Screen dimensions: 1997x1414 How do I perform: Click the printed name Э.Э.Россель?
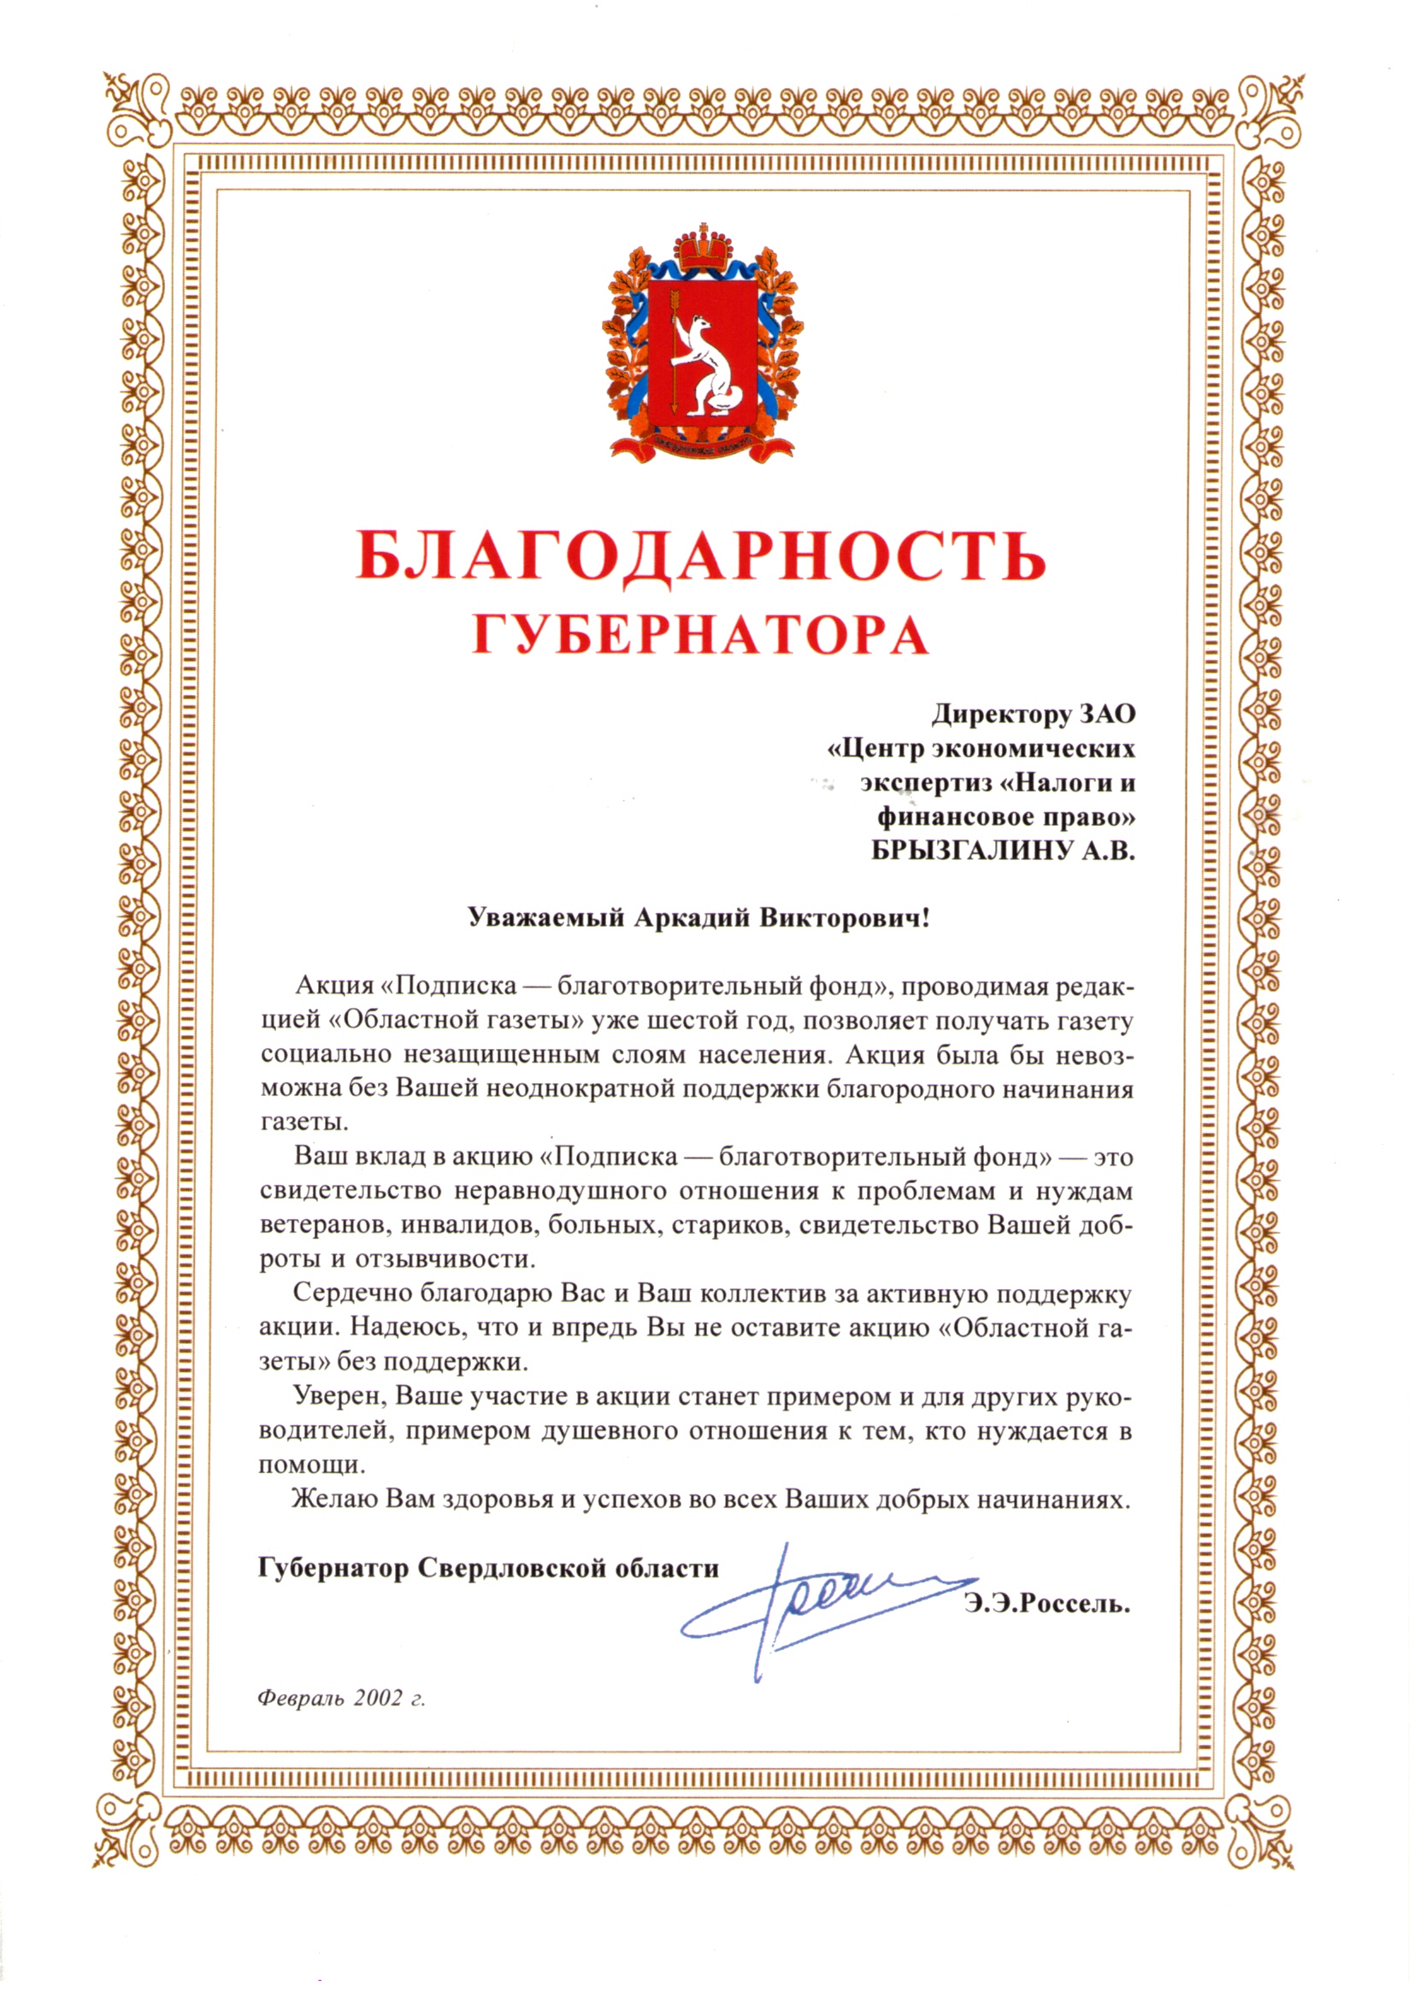[x=1046, y=1604]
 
